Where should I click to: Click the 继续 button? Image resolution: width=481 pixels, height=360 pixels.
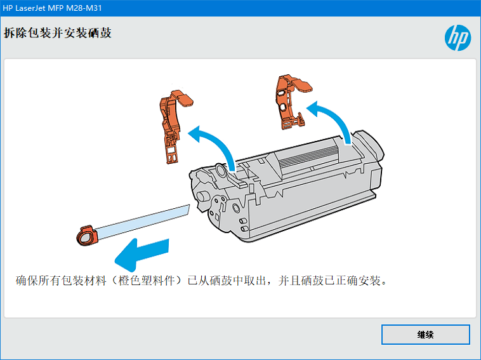pyautogui.click(x=426, y=334)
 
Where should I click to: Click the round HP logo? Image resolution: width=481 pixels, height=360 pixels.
pyautogui.click(x=458, y=37)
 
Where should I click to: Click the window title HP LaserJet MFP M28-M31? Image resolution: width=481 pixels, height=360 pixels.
pyautogui.click(x=52, y=8)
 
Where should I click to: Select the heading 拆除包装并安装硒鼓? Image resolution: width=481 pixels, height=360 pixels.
pyautogui.click(x=57, y=33)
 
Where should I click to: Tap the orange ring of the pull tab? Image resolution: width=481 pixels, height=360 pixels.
pyautogui.click(x=87, y=236)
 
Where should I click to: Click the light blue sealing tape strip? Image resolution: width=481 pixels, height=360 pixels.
pyautogui.click(x=143, y=222)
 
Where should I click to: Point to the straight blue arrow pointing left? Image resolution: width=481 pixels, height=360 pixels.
pyautogui.click(x=142, y=254)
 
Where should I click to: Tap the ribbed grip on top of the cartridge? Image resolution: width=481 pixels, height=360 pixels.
pyautogui.click(x=310, y=157)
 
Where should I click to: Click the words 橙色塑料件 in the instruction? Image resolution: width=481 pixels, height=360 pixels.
pyautogui.click(x=146, y=281)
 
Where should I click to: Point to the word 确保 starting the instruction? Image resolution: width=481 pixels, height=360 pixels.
pyautogui.click(x=27, y=281)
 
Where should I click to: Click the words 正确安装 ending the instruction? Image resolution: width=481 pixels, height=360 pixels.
pyautogui.click(x=358, y=281)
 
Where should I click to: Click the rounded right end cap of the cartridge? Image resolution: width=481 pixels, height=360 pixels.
pyautogui.click(x=369, y=147)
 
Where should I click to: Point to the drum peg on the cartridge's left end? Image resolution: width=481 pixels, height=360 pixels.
pyautogui.click(x=202, y=197)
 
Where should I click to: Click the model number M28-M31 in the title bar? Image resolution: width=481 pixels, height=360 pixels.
pyautogui.click(x=84, y=8)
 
